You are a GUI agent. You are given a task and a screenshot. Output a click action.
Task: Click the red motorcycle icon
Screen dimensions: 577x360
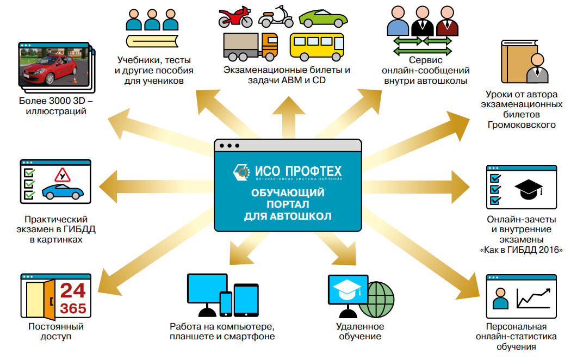point(235,17)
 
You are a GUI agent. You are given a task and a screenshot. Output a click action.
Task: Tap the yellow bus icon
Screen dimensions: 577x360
point(317,47)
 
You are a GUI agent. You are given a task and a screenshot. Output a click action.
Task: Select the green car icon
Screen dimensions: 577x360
point(323,19)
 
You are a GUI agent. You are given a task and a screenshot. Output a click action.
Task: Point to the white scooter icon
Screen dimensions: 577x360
point(276,17)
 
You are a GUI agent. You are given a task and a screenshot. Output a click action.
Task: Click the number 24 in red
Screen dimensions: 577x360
point(73,290)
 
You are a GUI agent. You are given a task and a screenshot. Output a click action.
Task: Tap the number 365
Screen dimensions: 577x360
point(73,308)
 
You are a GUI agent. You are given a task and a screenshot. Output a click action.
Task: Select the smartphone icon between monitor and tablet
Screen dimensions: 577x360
point(226,303)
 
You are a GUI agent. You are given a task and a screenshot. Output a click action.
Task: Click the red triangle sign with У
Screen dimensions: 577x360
point(63,175)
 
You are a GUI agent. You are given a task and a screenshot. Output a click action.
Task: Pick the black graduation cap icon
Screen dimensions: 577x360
point(529,189)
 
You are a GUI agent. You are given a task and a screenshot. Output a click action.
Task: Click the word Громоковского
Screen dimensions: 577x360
point(522,125)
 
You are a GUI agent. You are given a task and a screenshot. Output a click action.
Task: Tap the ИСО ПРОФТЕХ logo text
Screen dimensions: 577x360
point(299,171)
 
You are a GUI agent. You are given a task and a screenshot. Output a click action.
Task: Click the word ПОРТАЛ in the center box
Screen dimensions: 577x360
point(288,204)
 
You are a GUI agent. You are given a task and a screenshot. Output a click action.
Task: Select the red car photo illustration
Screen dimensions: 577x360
point(54,65)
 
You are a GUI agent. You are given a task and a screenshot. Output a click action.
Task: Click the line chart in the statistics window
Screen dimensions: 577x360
point(533,298)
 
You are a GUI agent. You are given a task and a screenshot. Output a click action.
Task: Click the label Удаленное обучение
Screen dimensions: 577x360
point(360,331)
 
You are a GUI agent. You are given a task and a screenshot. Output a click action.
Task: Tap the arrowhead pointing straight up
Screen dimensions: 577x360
point(289,105)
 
